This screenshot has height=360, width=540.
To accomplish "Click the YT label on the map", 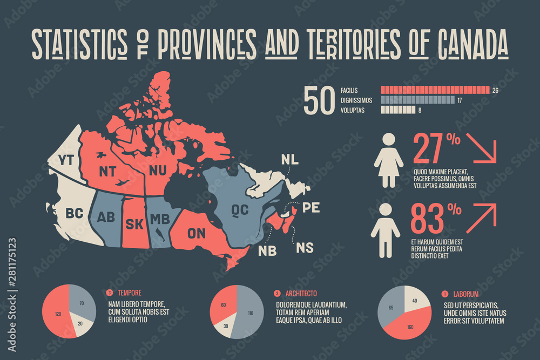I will pos(66,160).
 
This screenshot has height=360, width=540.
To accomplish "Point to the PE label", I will pos(311,208).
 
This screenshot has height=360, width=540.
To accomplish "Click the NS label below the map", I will pos(305,248).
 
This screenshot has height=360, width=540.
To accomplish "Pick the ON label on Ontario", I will pos(197,233).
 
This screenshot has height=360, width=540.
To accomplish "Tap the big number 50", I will pos(319,100).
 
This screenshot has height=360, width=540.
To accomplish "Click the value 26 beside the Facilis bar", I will pos(495,90).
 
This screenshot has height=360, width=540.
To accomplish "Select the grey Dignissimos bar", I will pos(417,100).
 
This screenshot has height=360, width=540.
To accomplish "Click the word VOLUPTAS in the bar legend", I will pos(353,111).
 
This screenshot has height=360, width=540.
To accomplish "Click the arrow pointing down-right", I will pos(481,147).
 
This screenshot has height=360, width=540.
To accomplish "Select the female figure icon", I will pos(389,160).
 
